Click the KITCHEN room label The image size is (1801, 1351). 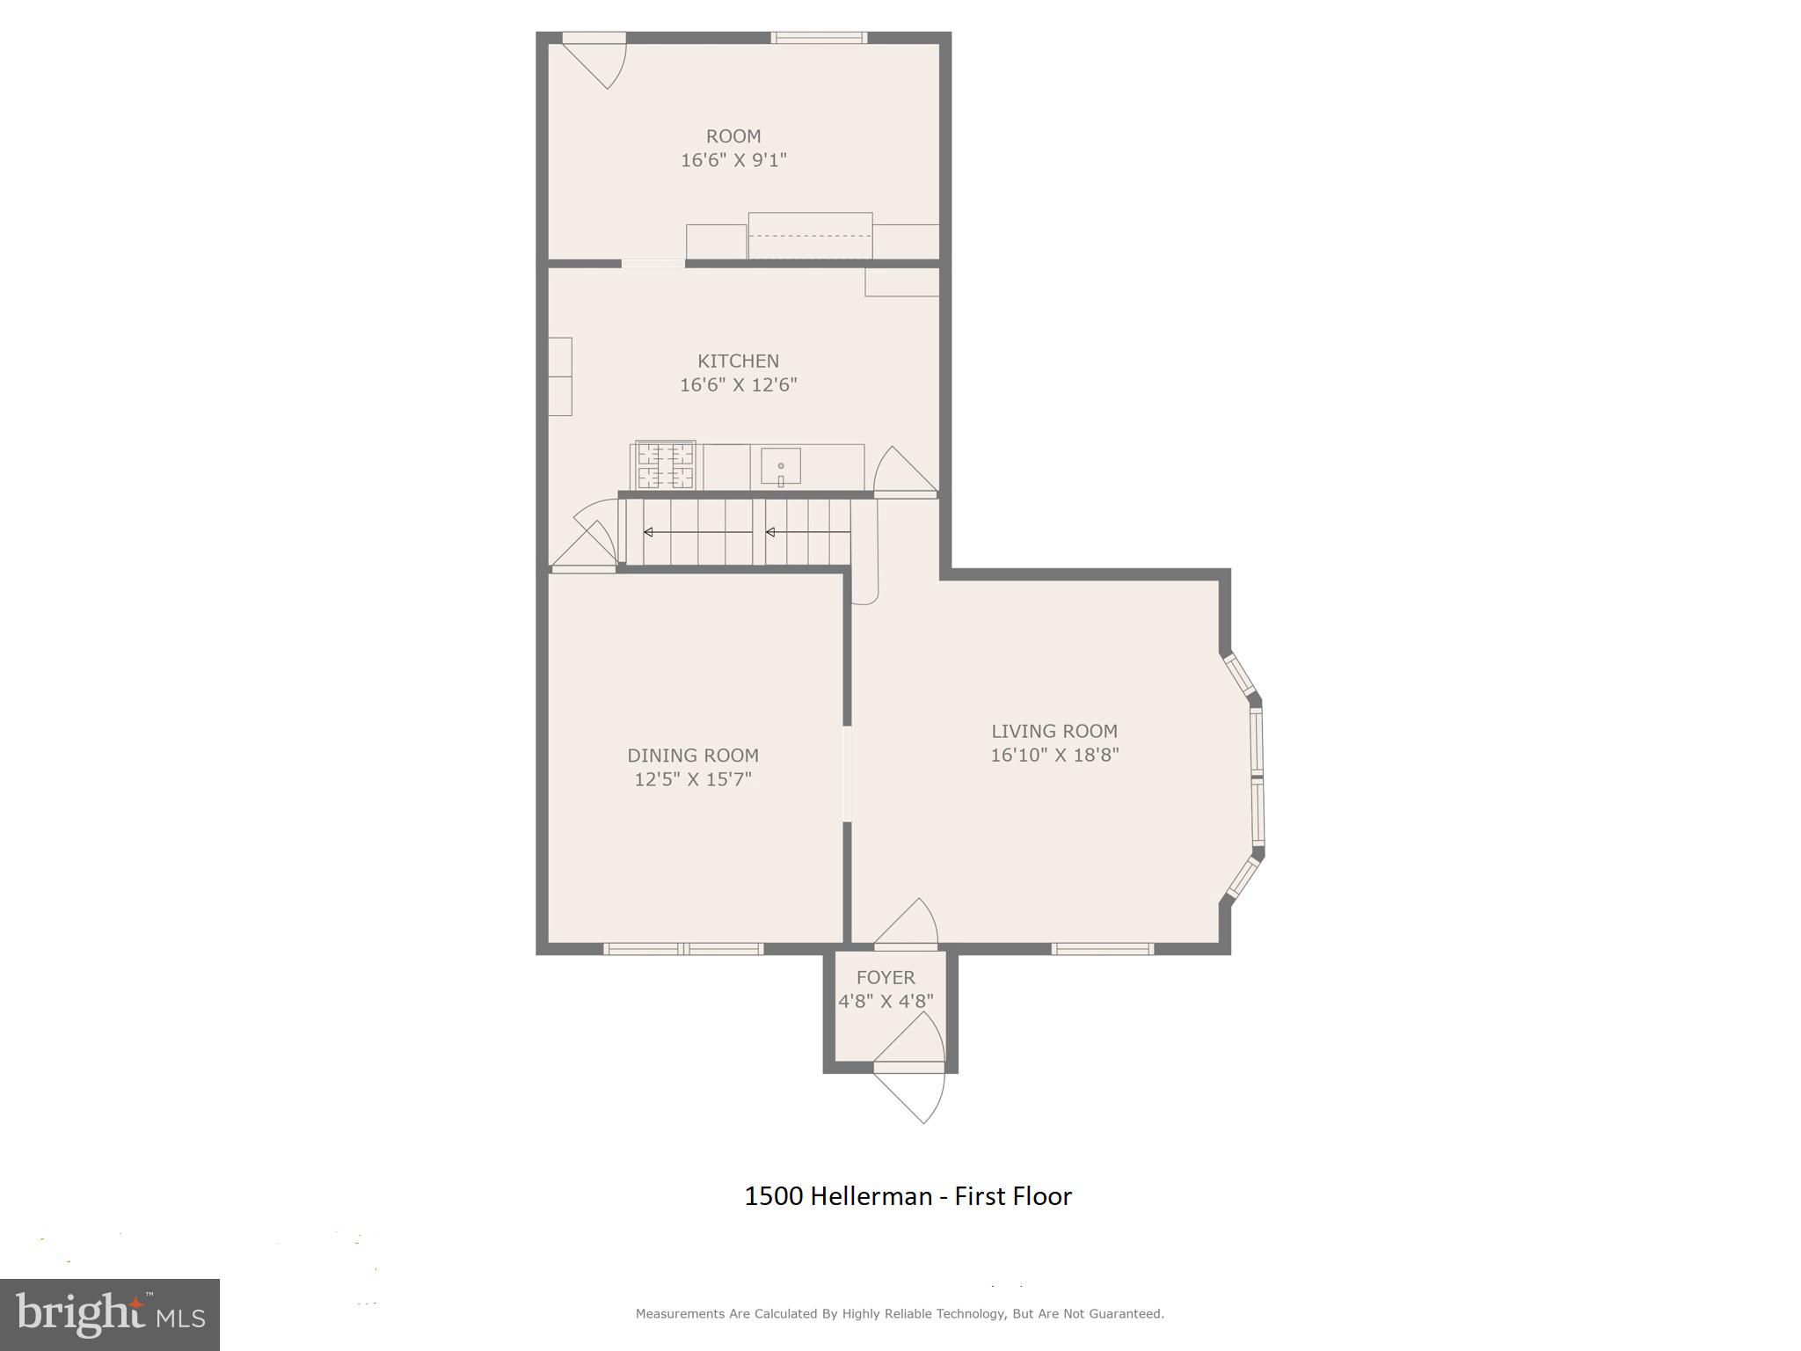pos(738,361)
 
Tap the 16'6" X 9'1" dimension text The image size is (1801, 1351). pos(733,160)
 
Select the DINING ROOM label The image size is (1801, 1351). pos(693,755)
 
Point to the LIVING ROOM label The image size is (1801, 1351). pos(1054,731)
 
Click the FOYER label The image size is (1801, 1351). pos(886,977)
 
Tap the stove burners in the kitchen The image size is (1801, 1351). pos(665,466)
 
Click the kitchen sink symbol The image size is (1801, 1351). pos(780,467)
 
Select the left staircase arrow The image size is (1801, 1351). pos(697,532)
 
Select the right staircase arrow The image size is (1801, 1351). pos(807,532)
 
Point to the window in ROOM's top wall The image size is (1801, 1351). pos(819,38)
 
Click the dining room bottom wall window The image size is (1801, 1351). pos(683,948)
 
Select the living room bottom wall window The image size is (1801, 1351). pos(1102,948)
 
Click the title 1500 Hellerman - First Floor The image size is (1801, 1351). pos(908,1196)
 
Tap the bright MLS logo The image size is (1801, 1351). pos(109,1314)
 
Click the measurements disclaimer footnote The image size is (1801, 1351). pos(900,1313)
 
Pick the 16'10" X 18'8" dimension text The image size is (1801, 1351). pos(1054,755)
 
